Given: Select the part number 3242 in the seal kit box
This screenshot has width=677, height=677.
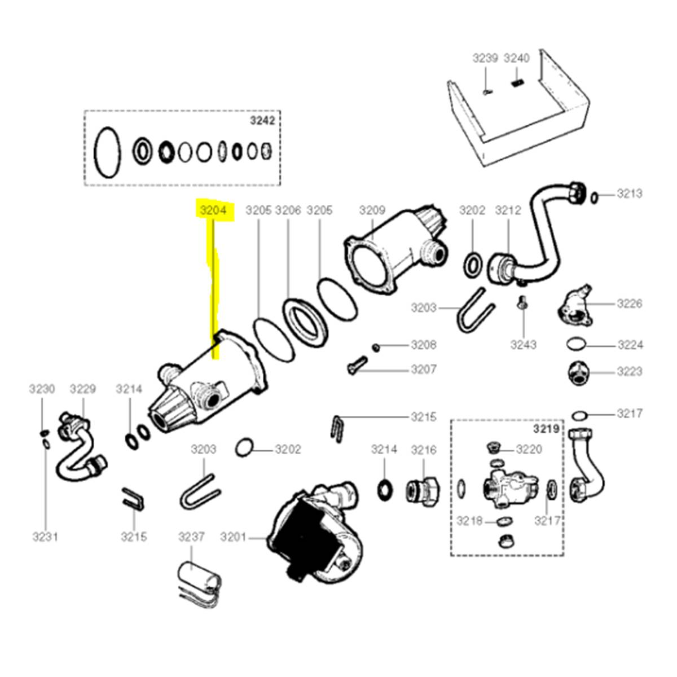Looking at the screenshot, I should (263, 121).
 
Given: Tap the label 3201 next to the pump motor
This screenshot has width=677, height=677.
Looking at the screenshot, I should (234, 537).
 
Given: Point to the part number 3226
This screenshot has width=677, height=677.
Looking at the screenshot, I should (629, 304).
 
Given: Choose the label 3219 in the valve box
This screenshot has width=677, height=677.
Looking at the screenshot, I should (546, 429).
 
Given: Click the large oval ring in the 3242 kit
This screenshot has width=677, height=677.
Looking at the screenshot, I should (107, 151).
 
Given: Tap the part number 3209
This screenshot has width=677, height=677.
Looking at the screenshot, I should (372, 210).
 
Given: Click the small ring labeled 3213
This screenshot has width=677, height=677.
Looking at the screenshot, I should (595, 196).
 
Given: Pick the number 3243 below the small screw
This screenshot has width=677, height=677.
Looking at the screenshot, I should (524, 345).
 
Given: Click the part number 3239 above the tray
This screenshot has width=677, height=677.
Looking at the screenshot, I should (485, 58).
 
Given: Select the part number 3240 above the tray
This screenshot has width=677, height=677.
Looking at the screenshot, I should (516, 58).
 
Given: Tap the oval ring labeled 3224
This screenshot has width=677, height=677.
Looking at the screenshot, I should (575, 344).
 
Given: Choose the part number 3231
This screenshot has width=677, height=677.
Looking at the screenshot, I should (45, 537).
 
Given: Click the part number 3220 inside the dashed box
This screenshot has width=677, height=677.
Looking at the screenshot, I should (529, 450).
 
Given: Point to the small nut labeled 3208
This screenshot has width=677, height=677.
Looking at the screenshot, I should (376, 346).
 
